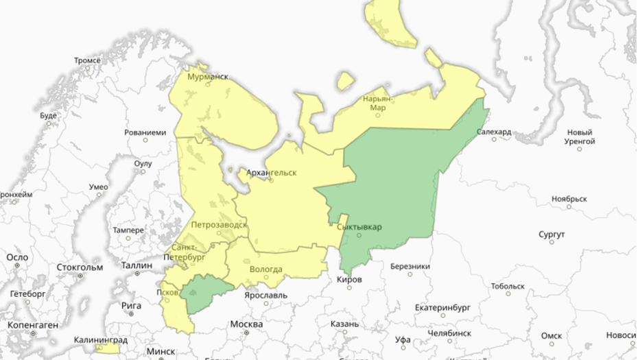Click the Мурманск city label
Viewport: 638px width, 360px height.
click(208, 77)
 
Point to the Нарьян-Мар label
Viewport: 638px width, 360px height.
click(378, 103)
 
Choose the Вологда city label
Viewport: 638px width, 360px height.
click(265, 269)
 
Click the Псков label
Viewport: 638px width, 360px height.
click(167, 291)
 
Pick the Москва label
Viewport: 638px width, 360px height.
click(246, 324)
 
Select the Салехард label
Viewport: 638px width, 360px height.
click(494, 132)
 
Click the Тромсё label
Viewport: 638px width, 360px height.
click(87, 61)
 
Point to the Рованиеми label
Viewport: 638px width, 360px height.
click(145, 132)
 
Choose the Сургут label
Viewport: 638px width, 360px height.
click(552, 235)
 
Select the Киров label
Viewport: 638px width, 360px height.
click(348, 280)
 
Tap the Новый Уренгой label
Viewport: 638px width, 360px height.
click(580, 136)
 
